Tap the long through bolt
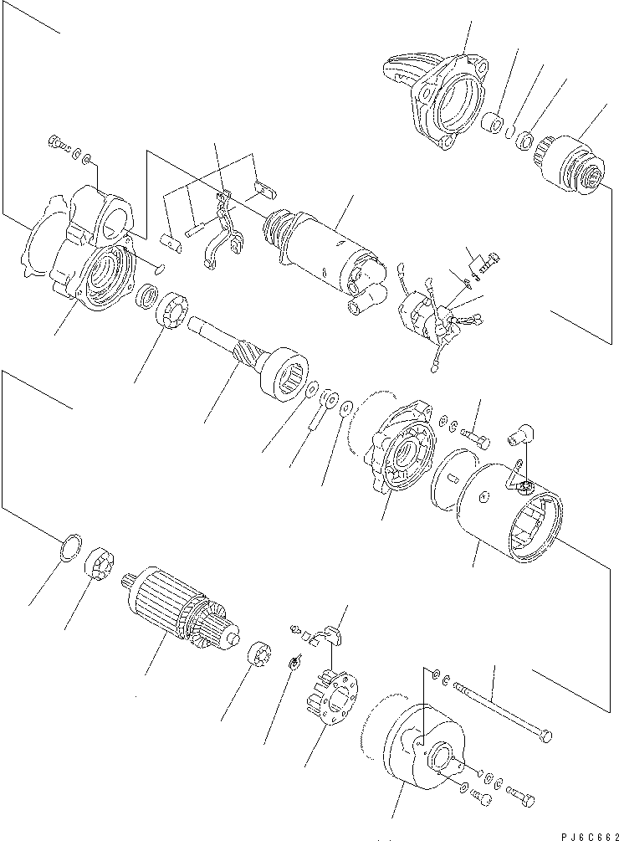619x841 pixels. coord(502,711)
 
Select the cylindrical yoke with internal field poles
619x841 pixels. coord(510,510)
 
